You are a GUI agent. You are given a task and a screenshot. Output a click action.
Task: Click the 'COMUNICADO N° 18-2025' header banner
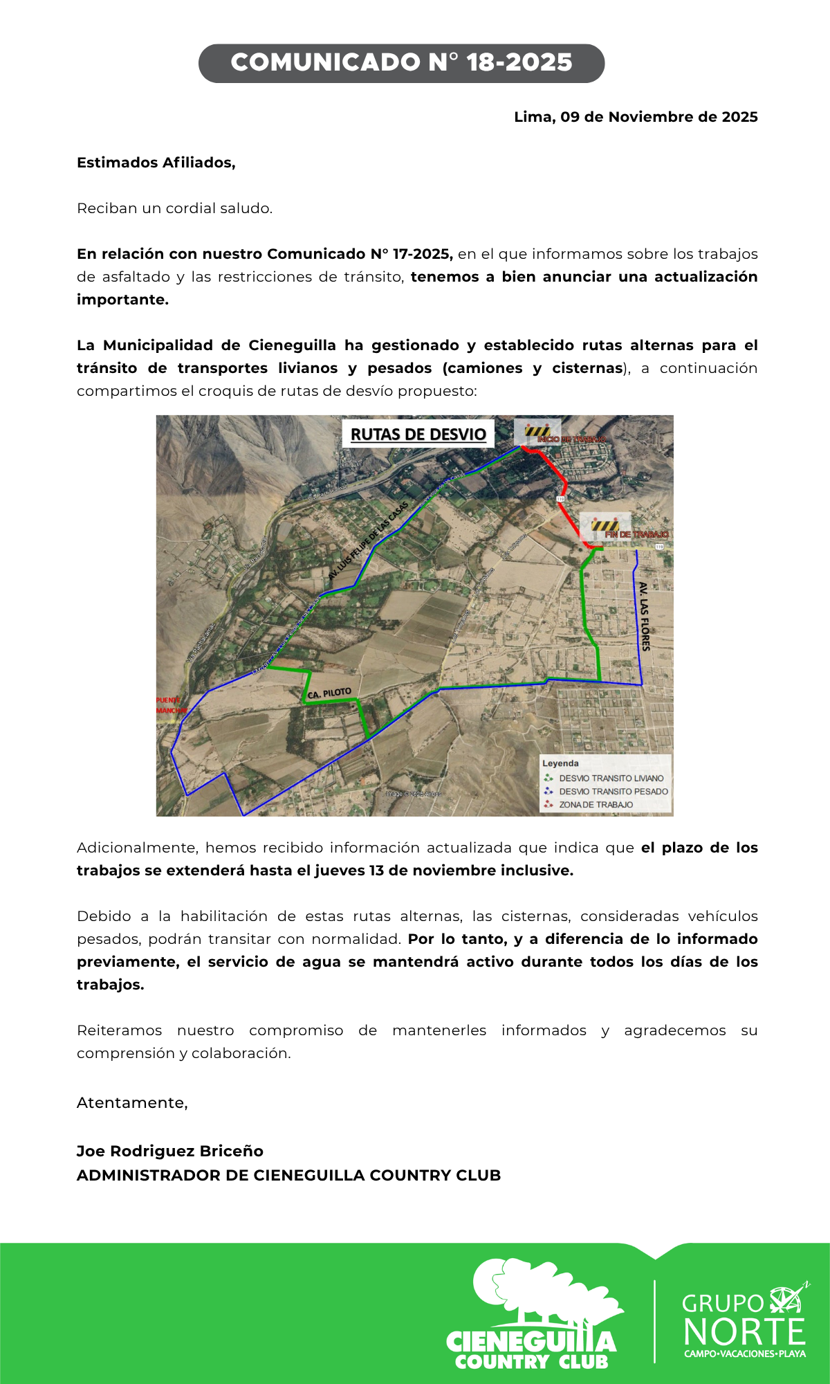click(x=401, y=63)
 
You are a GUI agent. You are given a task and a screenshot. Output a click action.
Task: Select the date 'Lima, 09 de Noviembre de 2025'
click(x=635, y=117)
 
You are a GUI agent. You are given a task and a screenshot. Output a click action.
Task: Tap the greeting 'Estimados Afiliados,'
click(x=156, y=163)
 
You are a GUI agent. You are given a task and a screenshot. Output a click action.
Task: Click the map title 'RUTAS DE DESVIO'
click(x=418, y=434)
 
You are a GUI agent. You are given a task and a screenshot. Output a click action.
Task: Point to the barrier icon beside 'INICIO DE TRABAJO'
click(x=537, y=431)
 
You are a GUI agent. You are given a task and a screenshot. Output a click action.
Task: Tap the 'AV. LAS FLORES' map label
click(x=644, y=616)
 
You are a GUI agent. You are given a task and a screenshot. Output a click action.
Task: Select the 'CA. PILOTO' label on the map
click(x=329, y=693)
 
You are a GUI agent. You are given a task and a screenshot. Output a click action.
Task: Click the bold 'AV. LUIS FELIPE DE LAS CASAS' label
click(x=368, y=541)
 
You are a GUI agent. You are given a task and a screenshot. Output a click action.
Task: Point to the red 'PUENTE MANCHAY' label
click(x=170, y=705)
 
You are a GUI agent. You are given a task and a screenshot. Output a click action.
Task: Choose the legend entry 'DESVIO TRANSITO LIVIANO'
click(x=611, y=778)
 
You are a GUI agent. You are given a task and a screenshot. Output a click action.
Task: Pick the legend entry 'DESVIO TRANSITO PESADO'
click(x=613, y=792)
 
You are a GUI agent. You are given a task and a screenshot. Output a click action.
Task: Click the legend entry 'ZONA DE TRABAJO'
click(x=596, y=805)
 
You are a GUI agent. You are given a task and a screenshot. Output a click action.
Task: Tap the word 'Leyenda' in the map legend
click(x=560, y=763)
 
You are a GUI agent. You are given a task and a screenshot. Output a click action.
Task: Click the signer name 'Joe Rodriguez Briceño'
click(x=169, y=1151)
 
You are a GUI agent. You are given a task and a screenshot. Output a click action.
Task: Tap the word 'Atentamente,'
click(x=132, y=1102)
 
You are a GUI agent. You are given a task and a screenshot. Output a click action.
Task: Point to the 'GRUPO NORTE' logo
click(x=744, y=1322)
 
